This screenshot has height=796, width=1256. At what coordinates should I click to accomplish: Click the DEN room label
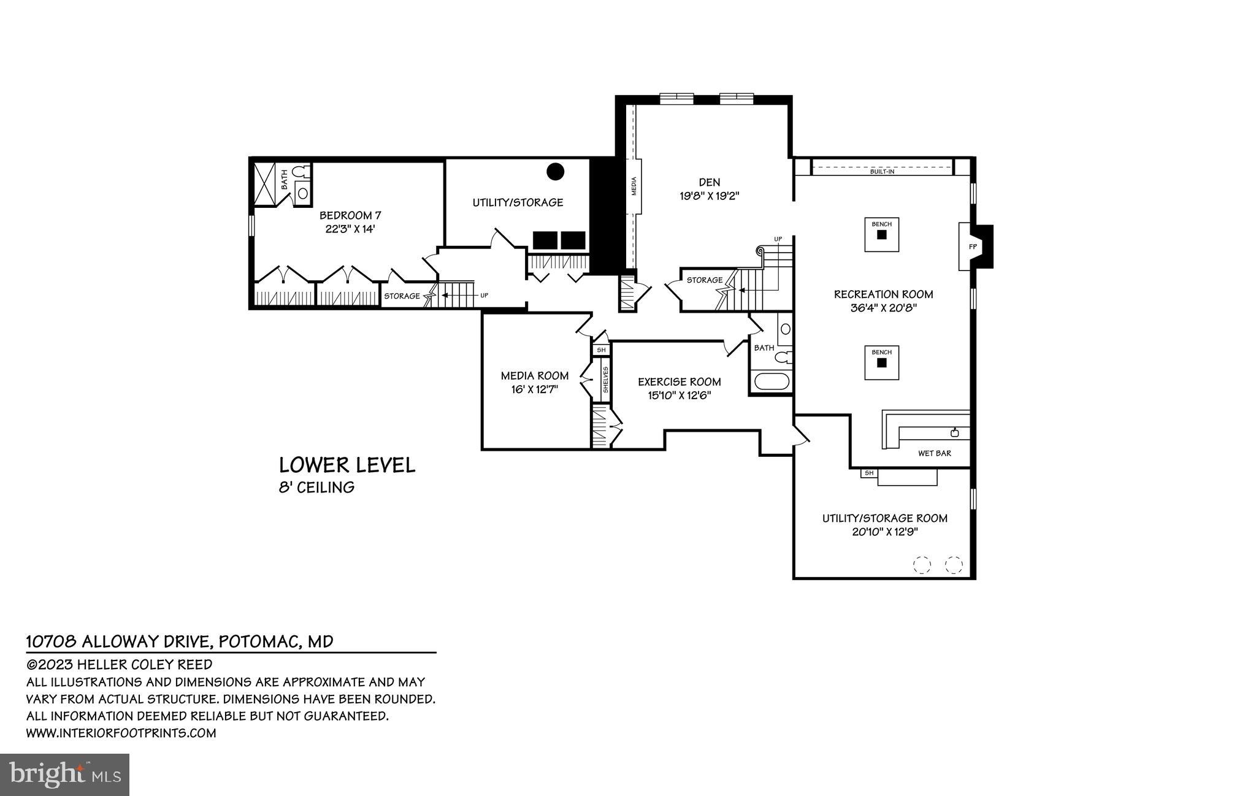point(709,182)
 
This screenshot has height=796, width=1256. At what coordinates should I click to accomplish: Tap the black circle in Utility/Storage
point(555,171)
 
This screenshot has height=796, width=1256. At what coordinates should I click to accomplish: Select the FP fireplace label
point(972,247)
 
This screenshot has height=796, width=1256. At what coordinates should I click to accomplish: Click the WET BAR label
point(934,454)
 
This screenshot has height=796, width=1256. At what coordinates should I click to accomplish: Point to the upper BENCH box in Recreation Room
point(882,234)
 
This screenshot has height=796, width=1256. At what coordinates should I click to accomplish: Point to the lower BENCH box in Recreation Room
point(882,362)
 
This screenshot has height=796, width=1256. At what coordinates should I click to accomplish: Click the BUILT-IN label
point(882,172)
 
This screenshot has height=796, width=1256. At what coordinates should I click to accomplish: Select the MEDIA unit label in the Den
point(634,186)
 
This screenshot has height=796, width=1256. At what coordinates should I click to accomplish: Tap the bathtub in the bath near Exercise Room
point(771,381)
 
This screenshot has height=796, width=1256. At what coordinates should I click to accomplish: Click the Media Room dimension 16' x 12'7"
point(534,389)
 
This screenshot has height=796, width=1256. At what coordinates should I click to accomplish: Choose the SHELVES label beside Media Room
point(605,380)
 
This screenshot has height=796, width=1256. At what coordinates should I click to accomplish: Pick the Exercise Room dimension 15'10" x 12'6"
point(679,396)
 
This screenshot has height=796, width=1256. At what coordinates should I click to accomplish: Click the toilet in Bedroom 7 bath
point(299,172)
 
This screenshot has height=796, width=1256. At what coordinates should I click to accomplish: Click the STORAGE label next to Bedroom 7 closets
point(402,296)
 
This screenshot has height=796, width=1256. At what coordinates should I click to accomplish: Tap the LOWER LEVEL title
point(347,465)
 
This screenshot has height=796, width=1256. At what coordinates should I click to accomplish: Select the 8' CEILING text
point(316,488)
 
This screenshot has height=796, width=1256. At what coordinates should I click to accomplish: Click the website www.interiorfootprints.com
point(121,733)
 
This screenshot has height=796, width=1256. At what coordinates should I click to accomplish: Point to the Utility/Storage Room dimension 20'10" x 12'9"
point(884,532)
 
